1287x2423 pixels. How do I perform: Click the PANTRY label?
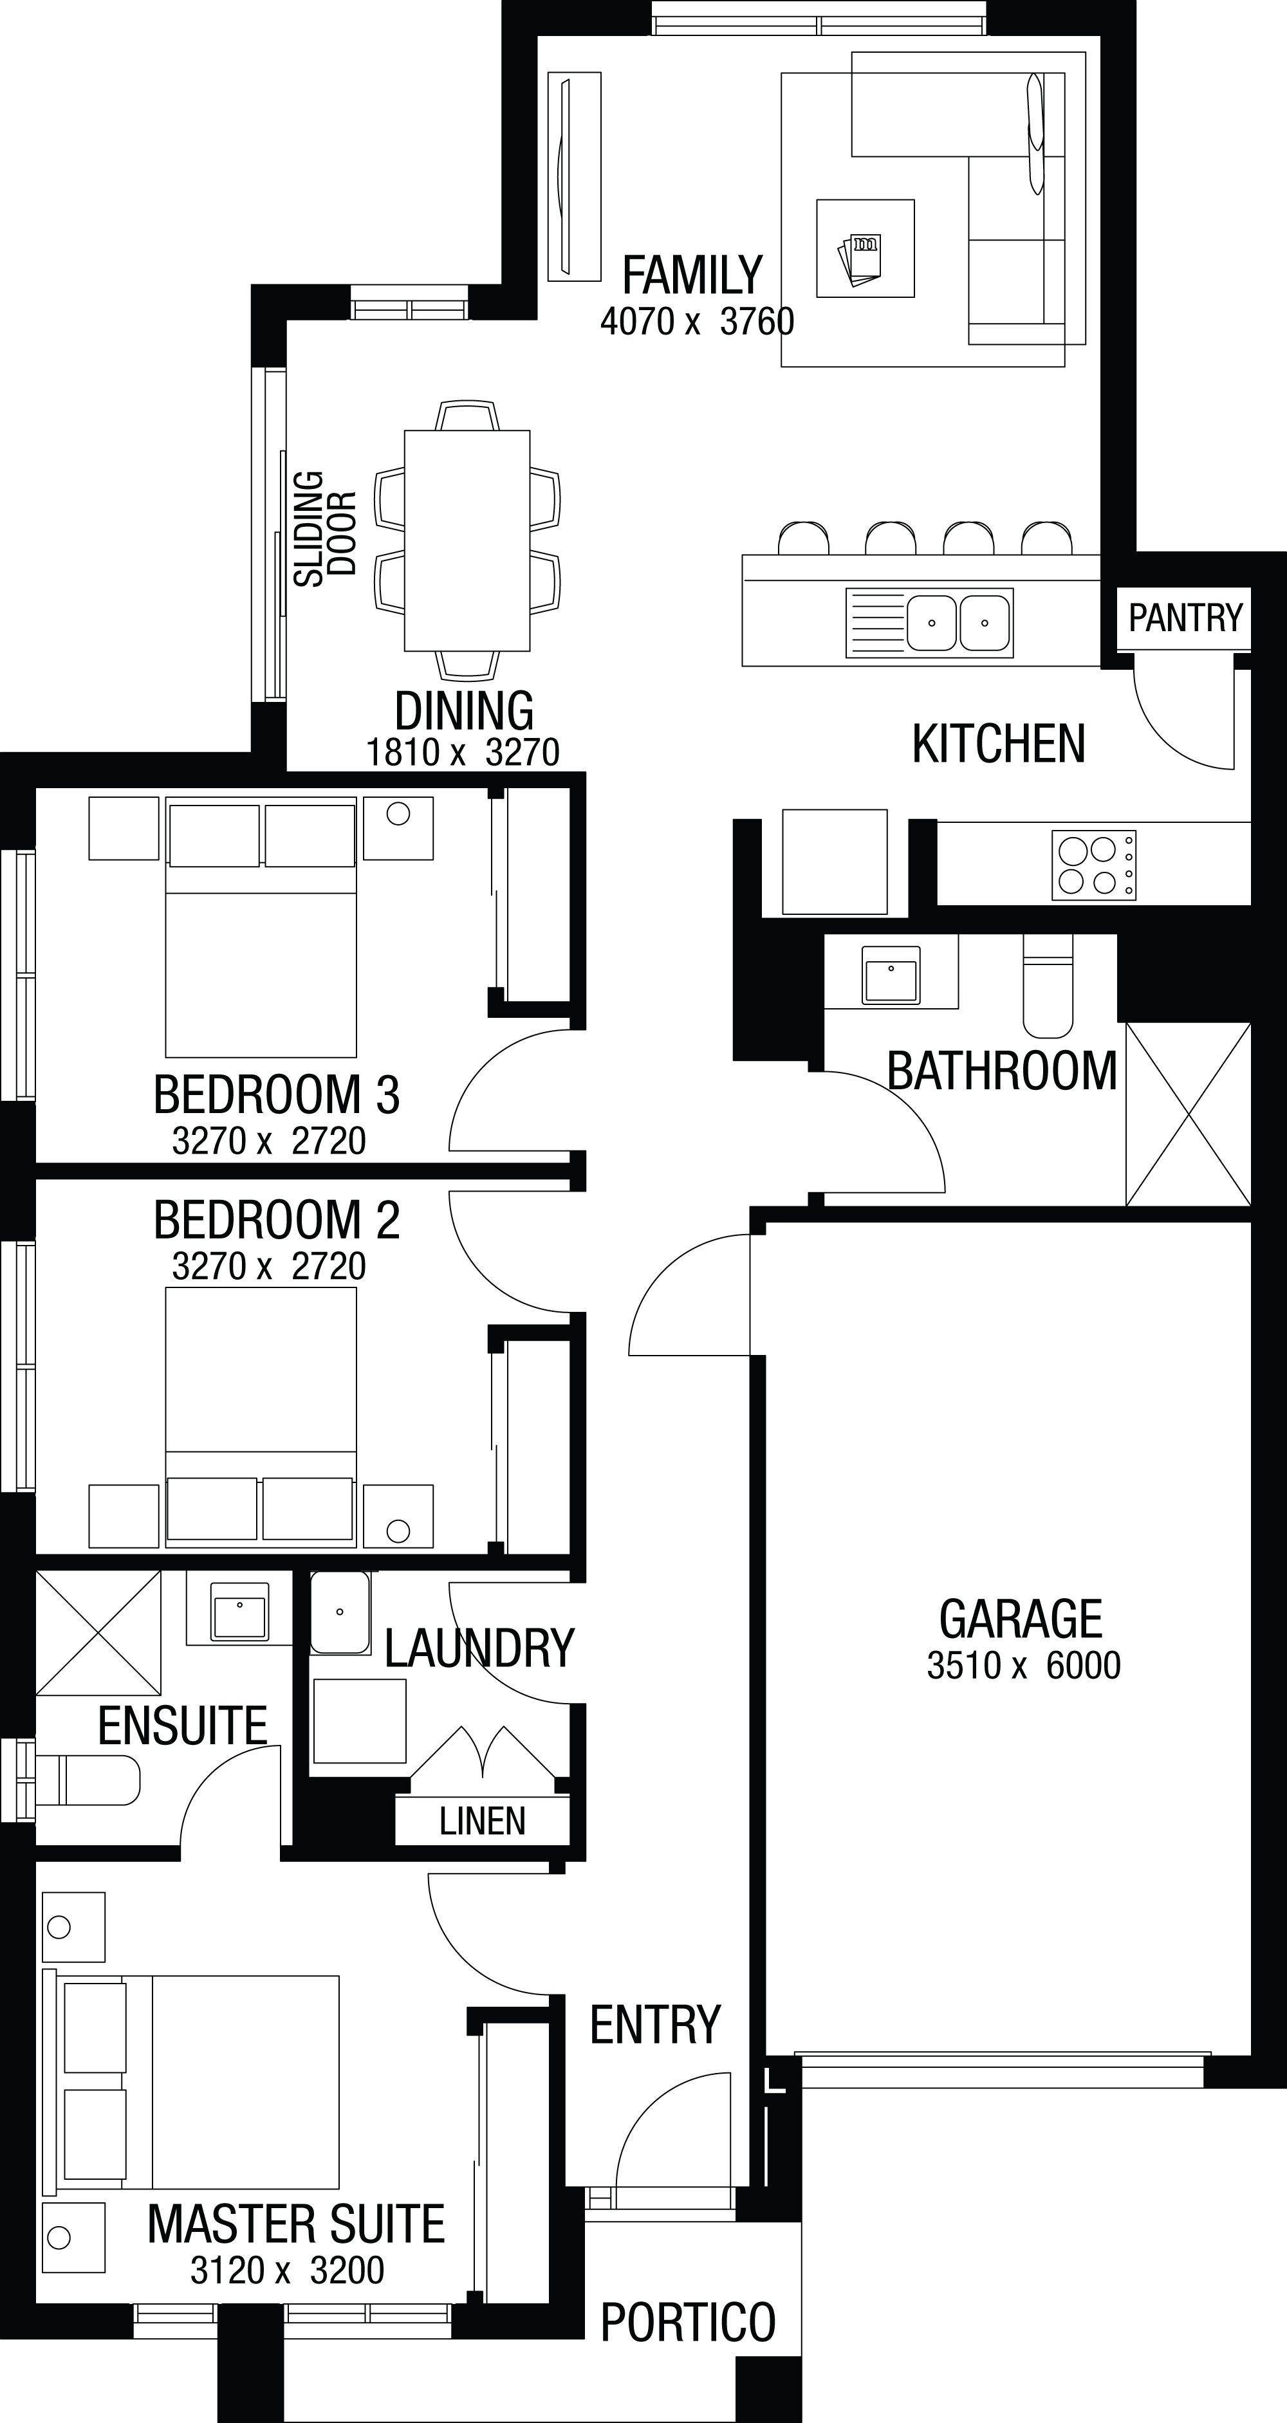1185,618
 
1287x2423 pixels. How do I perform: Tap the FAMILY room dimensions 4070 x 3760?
697,322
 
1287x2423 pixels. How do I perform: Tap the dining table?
467,541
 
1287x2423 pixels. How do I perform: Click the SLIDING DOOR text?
324,530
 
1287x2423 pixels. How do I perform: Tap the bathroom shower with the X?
1188,1114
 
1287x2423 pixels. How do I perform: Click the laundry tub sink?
340,1612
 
